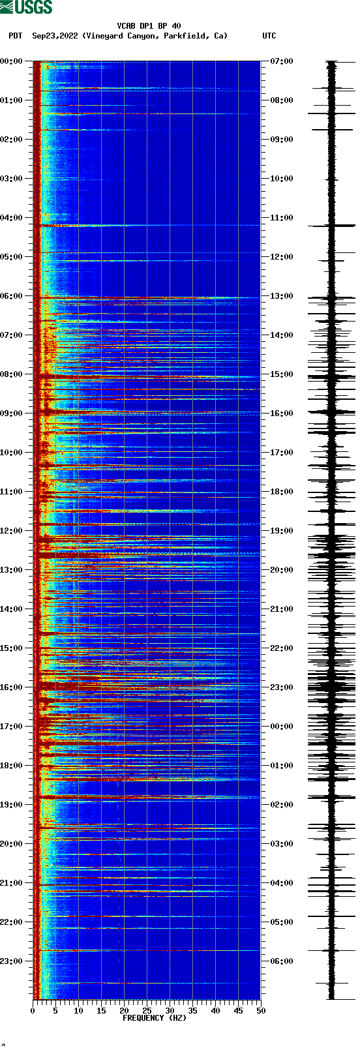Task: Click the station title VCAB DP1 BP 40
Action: point(149,26)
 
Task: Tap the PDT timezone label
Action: point(15,36)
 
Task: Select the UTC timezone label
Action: point(269,36)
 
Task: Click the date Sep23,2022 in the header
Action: point(55,36)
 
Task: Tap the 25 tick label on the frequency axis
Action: point(147,1011)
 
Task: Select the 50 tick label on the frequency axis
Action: point(261,1011)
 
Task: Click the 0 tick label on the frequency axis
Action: point(33,1011)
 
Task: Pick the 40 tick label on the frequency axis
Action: point(215,1011)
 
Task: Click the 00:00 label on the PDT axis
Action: point(11,61)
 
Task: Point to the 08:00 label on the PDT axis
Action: point(11,374)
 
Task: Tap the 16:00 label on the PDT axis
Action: point(11,687)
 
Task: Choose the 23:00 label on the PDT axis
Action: point(11,961)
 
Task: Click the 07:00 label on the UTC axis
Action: point(282,61)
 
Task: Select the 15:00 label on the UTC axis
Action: point(282,374)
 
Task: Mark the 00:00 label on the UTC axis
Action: point(282,727)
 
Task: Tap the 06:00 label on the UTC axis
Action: point(282,961)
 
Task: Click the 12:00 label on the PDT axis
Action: point(11,531)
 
